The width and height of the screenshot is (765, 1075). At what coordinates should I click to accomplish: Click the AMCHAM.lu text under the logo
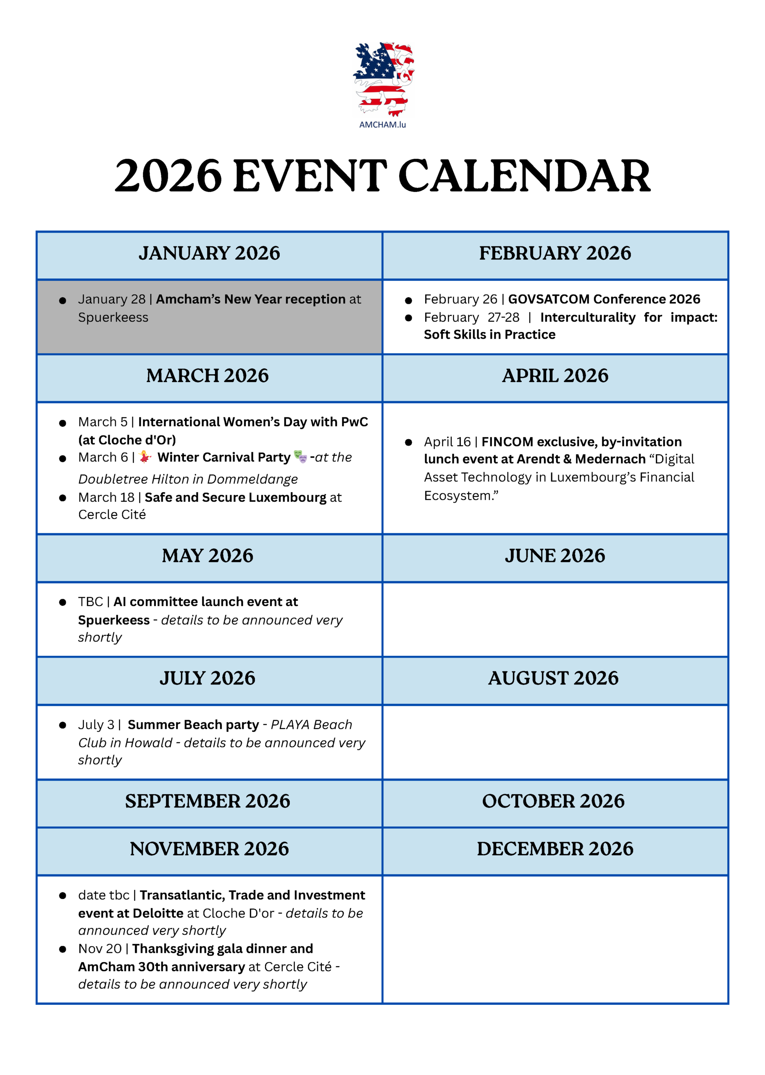click(x=382, y=125)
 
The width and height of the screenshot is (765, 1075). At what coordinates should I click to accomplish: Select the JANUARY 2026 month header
click(x=209, y=253)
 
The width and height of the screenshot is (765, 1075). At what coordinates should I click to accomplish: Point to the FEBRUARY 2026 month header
click(x=555, y=253)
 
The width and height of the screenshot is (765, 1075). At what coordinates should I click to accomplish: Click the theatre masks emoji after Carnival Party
click(x=300, y=456)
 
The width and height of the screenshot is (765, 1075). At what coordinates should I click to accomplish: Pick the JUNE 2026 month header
click(x=555, y=556)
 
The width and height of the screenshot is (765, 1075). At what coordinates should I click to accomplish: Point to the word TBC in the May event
click(x=90, y=602)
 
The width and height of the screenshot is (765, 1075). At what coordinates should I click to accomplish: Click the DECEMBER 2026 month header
click(x=555, y=849)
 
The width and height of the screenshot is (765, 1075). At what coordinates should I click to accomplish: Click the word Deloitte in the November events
click(x=158, y=913)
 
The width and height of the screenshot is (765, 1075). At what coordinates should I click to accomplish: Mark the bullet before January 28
click(x=63, y=300)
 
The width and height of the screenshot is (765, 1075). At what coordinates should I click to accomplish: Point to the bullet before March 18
click(x=63, y=498)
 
